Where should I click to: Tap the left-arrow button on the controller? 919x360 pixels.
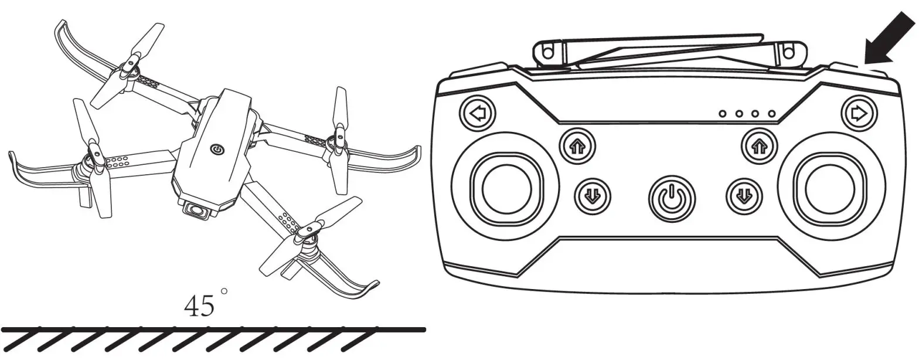click(x=478, y=114)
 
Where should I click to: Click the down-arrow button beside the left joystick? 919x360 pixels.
click(x=591, y=195)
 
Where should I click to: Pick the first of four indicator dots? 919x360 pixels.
click(x=723, y=113)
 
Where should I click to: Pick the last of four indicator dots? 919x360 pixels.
click(x=772, y=113)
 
